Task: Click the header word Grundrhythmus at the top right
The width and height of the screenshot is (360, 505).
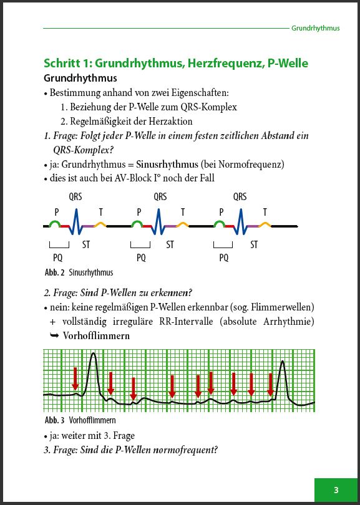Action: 316,28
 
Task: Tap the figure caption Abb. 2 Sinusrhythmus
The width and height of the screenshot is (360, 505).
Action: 79,272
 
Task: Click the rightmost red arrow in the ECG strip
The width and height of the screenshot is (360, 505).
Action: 270,383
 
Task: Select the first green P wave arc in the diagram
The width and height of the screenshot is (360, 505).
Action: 56,223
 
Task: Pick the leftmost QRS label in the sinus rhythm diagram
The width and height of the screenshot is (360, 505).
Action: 75,197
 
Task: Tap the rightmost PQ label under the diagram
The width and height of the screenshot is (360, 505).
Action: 224,257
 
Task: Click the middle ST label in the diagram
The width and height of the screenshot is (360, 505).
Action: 170,245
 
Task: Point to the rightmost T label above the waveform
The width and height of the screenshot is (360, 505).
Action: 265,212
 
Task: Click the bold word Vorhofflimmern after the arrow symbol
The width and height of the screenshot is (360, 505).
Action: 96,335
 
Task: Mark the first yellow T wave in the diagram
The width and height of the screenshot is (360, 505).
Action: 100,223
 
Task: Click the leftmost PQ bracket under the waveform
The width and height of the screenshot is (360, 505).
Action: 59,245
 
